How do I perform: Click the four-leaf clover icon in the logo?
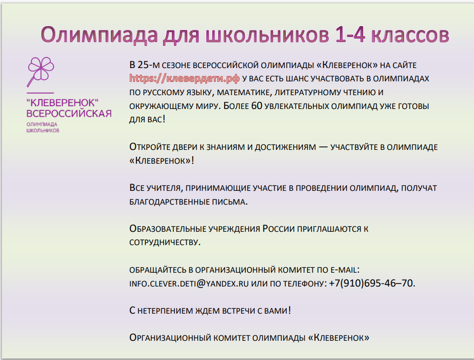41,70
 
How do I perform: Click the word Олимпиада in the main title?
99,35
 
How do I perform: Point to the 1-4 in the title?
350,35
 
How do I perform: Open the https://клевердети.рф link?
184,78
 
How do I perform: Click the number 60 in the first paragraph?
256,106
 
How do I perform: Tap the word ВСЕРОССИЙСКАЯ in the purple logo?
69,113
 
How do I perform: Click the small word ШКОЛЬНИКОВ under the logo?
43,131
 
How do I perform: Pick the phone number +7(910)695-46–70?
372,283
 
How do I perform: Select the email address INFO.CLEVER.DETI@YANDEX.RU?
189,284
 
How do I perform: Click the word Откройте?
150,147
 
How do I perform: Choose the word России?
278,229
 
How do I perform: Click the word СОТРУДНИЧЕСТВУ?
165,242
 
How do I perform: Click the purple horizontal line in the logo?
40,93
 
